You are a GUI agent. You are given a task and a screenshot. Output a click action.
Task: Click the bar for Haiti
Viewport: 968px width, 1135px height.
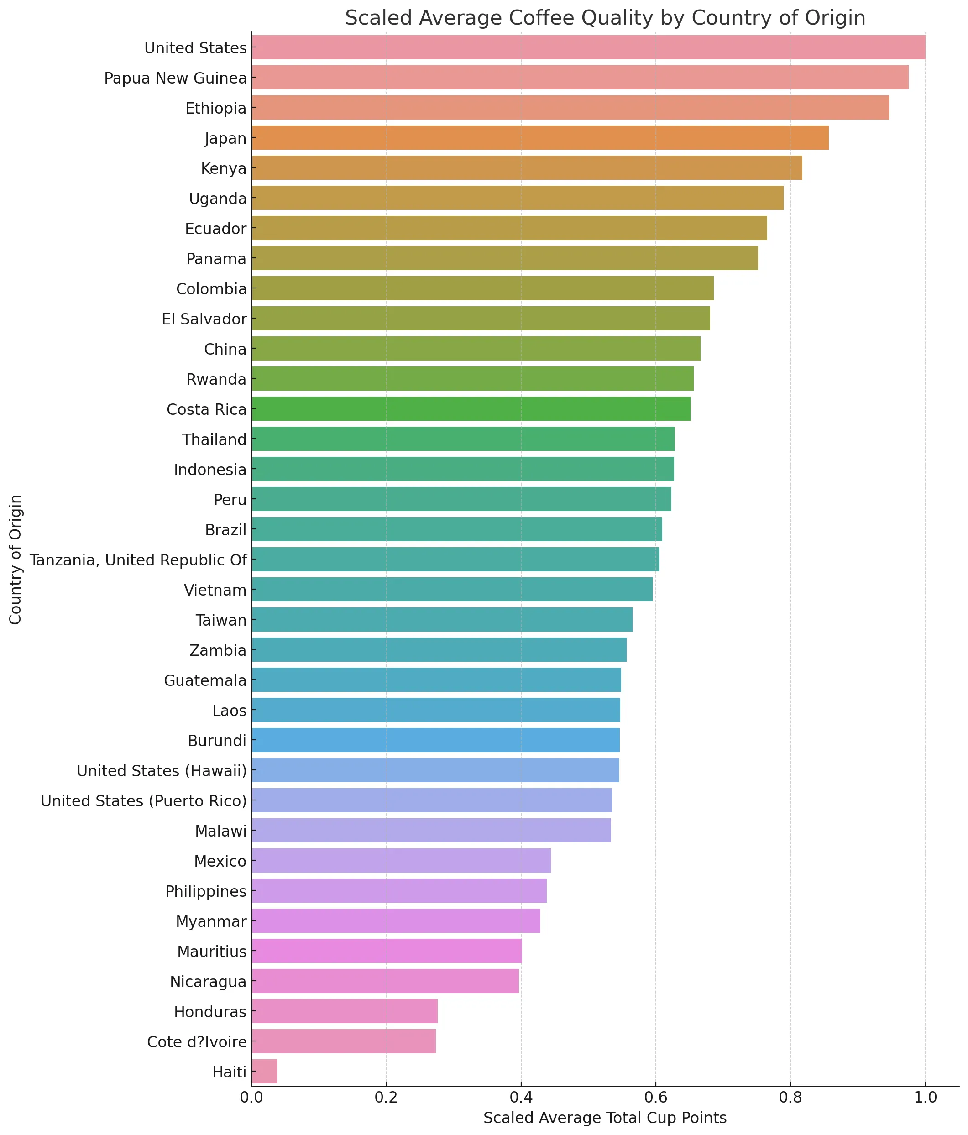tap(265, 1071)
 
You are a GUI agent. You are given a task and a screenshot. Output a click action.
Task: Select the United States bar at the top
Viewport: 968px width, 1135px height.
tap(588, 47)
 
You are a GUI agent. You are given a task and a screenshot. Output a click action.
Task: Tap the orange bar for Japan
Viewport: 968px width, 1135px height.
tap(539, 137)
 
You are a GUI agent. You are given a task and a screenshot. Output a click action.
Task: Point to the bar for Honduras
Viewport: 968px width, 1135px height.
tap(345, 1011)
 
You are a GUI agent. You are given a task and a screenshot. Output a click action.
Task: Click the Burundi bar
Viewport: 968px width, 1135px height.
tap(435, 740)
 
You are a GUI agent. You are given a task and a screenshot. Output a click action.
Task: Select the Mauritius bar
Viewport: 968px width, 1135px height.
tap(387, 951)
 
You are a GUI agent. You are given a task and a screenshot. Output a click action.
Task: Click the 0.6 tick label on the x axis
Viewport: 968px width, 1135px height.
tap(655, 1098)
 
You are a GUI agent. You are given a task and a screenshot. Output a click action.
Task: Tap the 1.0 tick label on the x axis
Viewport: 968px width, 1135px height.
tap(925, 1098)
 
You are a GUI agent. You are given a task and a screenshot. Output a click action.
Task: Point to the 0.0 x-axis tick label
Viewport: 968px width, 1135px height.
tap(252, 1098)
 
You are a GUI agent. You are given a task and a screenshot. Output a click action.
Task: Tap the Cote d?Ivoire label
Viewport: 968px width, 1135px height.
tap(197, 1041)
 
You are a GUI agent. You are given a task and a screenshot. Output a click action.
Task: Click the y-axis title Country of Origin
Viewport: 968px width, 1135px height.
tap(16, 559)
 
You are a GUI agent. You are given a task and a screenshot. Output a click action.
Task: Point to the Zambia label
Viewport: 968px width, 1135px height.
tap(218, 650)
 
